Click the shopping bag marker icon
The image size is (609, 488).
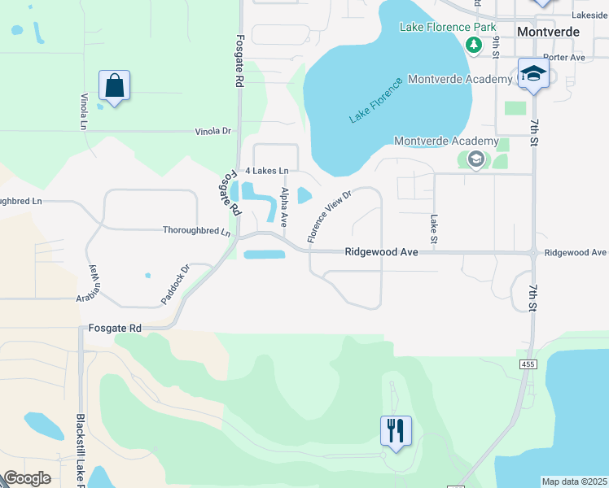(115, 86)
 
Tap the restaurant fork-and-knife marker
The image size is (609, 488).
(396, 430)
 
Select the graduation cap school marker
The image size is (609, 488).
(533, 75)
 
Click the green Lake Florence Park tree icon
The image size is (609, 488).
(472, 44)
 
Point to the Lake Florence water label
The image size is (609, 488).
(376, 101)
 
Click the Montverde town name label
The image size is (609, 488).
(548, 31)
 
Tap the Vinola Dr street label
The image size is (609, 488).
(213, 131)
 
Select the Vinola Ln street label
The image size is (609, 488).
(83, 111)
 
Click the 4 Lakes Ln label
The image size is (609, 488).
(266, 171)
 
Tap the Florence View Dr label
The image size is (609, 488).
(328, 217)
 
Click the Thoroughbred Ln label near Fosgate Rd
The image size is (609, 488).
(196, 231)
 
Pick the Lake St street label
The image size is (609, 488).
(433, 229)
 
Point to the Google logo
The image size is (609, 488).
(27, 478)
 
